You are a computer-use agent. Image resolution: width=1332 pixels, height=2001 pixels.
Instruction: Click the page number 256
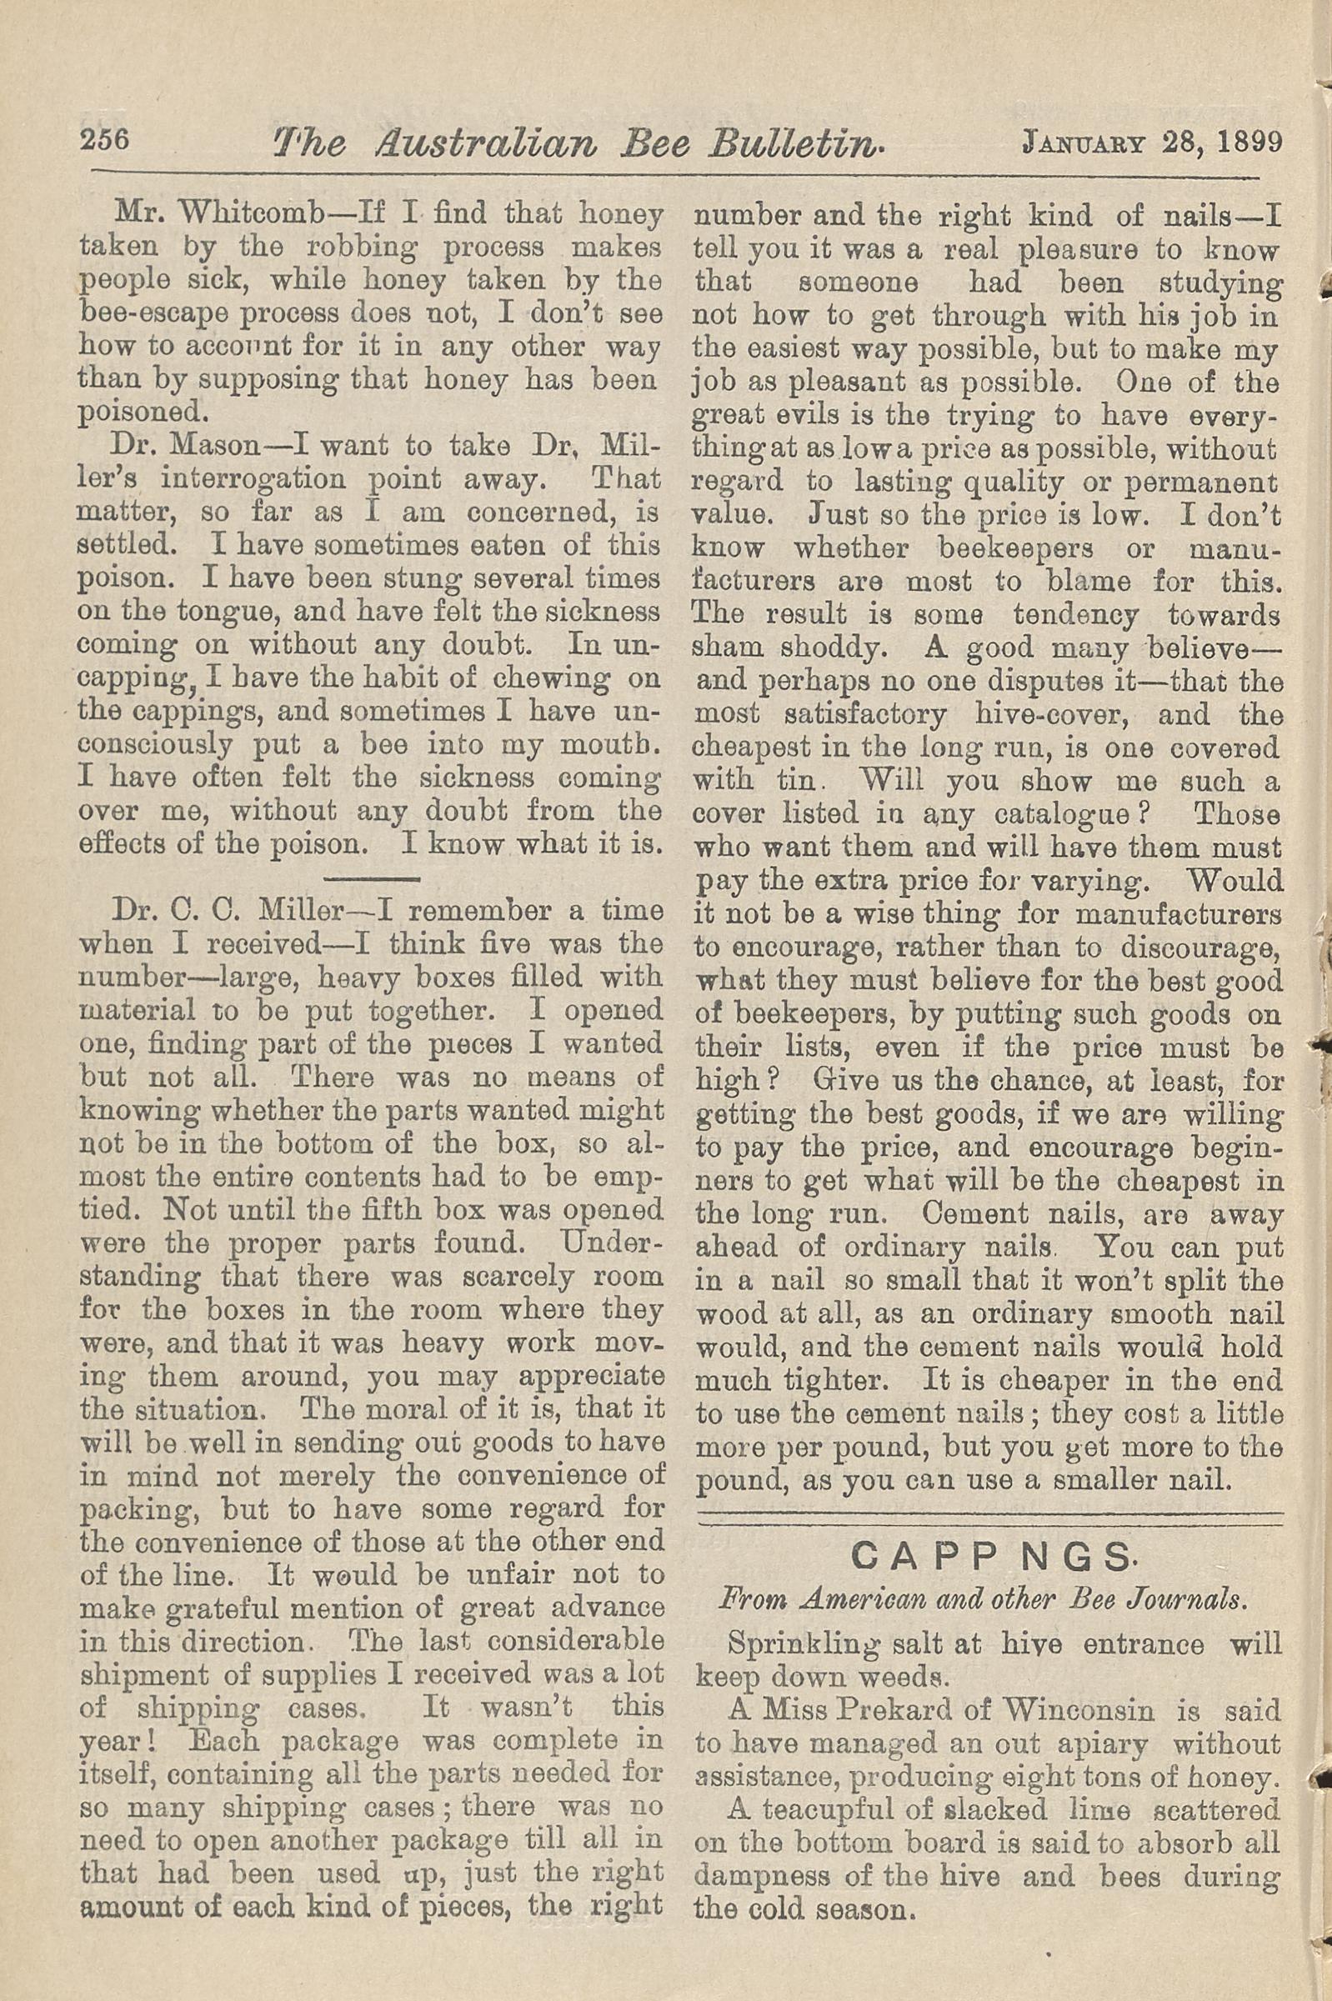click(103, 138)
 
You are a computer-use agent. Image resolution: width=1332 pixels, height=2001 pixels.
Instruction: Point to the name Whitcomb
click(237, 215)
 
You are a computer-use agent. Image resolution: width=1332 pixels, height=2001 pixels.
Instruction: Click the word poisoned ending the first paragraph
click(142, 413)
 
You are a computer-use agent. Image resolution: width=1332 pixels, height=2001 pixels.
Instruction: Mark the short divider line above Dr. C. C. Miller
click(371, 878)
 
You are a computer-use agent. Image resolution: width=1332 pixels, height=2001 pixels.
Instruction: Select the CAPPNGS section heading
click(989, 1556)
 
